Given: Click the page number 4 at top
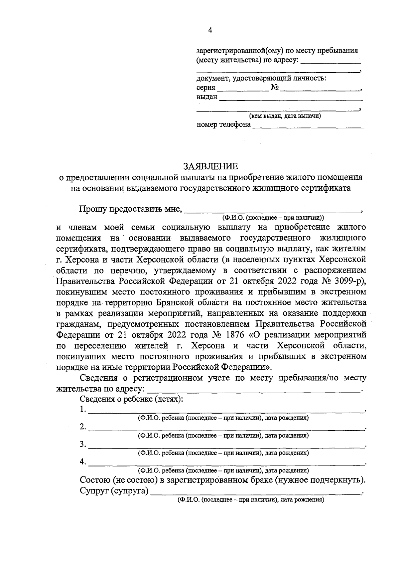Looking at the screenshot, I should (210, 30).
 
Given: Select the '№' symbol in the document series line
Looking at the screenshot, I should (274, 88).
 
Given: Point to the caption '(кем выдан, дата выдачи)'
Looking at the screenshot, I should (285, 116).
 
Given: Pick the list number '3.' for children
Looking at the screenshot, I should (83, 444).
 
